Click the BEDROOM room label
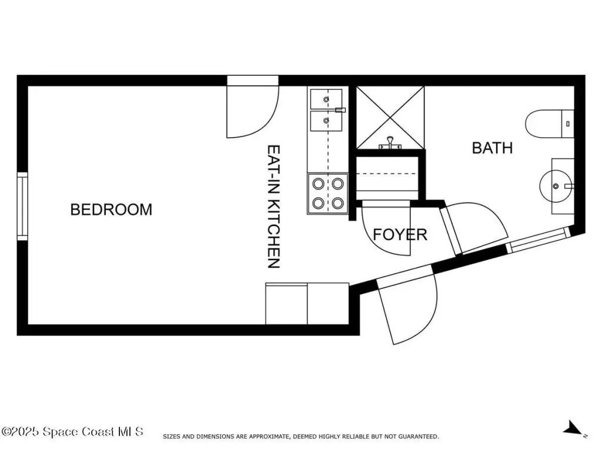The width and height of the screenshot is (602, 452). pyautogui.click(x=111, y=210)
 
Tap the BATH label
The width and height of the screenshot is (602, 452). pyautogui.click(x=492, y=148)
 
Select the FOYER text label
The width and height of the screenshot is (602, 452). pyautogui.click(x=400, y=234)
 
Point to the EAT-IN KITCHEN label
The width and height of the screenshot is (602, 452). pyautogui.click(x=274, y=207)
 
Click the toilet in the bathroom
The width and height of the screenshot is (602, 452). pyautogui.click(x=550, y=124)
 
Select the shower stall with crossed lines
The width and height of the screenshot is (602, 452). pyautogui.click(x=390, y=118)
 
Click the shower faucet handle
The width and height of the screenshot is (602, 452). pyautogui.click(x=390, y=143)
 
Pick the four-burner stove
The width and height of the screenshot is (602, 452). pyautogui.click(x=328, y=193)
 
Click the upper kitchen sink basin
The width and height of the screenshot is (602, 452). pyautogui.click(x=326, y=99)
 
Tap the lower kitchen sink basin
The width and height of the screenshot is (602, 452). pyautogui.click(x=326, y=121)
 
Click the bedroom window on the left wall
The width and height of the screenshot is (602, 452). pyautogui.click(x=22, y=207)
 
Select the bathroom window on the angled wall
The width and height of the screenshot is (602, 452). pyautogui.click(x=538, y=240)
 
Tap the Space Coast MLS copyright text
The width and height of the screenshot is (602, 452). pyautogui.click(x=72, y=431)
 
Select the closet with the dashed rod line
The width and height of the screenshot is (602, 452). pyautogui.click(x=387, y=178)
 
